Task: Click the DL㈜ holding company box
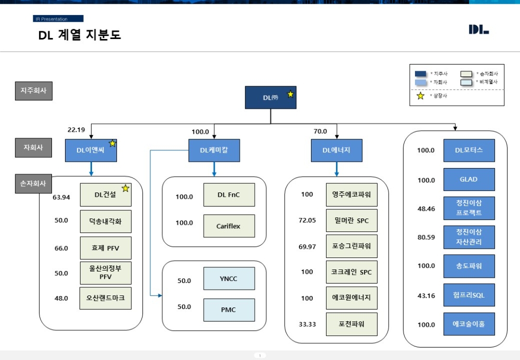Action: click(x=270, y=97)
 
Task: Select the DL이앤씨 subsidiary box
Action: click(x=91, y=150)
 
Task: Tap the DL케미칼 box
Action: click(x=214, y=150)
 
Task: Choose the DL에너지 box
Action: click(x=337, y=150)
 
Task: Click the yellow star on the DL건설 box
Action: click(x=125, y=188)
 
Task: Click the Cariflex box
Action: click(x=229, y=226)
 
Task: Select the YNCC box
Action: click(x=229, y=278)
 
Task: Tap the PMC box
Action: click(x=229, y=310)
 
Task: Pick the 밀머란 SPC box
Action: click(x=352, y=221)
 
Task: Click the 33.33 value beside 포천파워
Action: click(x=307, y=324)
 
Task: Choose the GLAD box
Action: click(x=469, y=179)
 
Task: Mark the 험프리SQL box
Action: click(x=469, y=295)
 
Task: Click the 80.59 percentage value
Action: click(x=426, y=238)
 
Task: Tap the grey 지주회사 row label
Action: click(x=33, y=91)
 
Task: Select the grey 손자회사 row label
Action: click(x=33, y=184)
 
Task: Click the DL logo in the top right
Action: click(x=478, y=30)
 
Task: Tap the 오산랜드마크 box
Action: click(x=106, y=298)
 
